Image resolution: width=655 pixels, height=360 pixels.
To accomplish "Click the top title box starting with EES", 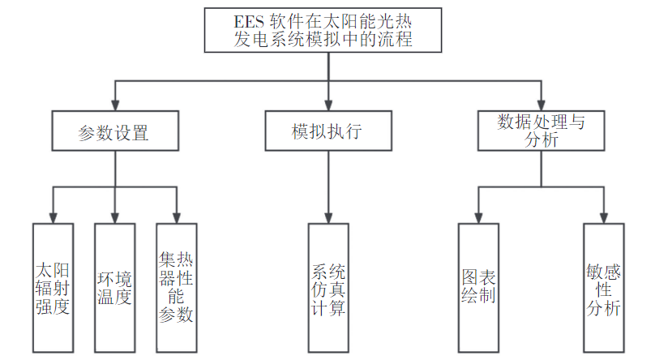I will pos(327,31).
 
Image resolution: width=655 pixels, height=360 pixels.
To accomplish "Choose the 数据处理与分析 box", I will pos(540,131).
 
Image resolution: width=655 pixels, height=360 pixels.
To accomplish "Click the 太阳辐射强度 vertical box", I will pos(53,287).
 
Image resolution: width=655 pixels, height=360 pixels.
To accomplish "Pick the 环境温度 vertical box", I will pos(114,287).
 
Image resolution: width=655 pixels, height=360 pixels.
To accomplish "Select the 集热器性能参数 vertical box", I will pos(176,287).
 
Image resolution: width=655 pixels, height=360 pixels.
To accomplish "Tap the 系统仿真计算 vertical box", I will pos(327,287).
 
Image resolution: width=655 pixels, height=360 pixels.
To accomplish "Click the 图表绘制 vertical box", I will pos(478,287).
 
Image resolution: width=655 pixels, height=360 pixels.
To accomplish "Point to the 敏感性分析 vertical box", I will pos(603,287).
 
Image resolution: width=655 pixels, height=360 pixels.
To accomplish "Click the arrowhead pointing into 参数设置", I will pos(114,106).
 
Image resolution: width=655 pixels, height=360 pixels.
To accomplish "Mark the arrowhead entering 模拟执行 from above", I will pos(327,106).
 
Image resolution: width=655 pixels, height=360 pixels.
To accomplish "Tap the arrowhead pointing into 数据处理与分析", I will pos(540,106).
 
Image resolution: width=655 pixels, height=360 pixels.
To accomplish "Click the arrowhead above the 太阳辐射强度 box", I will pos(53,217).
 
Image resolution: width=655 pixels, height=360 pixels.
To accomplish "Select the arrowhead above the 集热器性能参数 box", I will pos(176,217).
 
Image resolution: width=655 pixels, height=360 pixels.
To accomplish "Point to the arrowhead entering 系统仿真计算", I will pos(327,217).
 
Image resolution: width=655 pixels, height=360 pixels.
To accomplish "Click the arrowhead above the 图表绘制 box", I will pos(478,217).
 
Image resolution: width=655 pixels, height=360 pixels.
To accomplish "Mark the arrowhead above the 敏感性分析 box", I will pos(603,217).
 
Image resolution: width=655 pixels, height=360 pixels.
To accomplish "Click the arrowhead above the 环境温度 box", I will pos(114,217).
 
